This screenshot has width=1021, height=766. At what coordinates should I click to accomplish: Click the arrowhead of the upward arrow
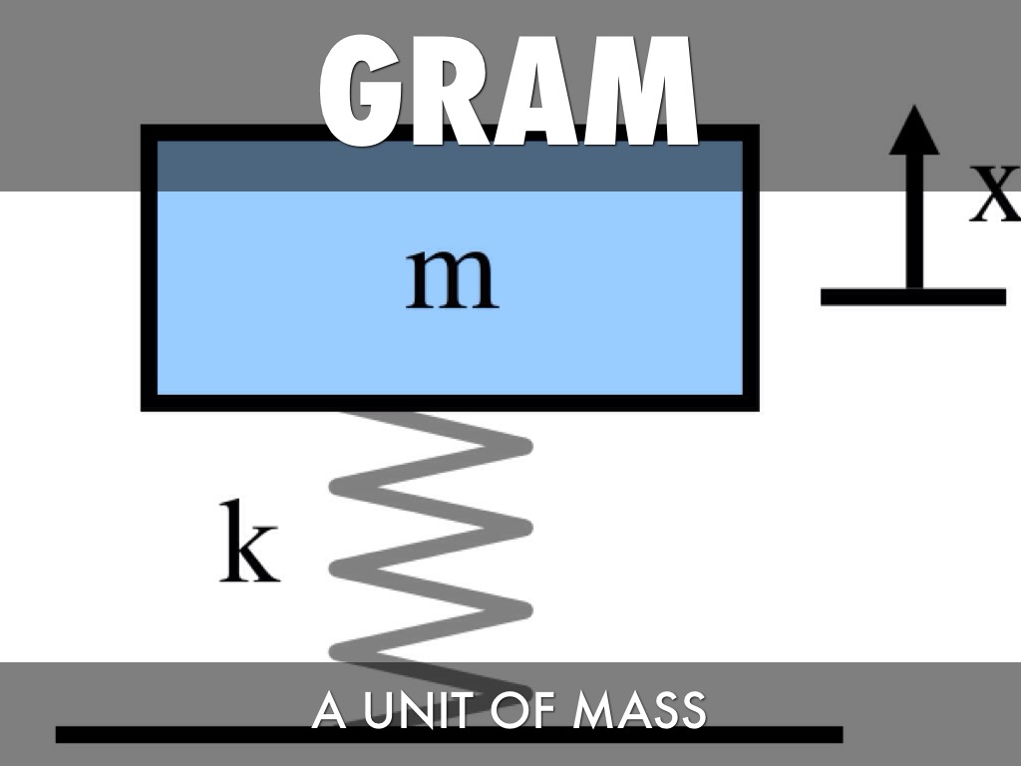point(913,130)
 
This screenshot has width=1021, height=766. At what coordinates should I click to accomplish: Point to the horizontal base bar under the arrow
point(912,296)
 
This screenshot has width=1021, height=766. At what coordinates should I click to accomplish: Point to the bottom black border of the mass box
point(449,403)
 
